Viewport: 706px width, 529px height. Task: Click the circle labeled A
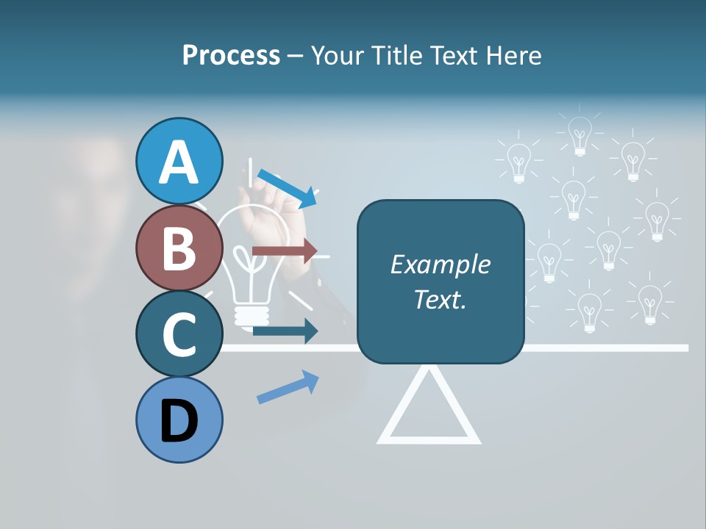(179, 161)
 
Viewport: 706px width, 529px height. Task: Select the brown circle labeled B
(179, 248)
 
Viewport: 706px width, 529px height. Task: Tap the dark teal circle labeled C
(179, 334)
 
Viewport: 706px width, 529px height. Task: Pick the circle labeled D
(179, 420)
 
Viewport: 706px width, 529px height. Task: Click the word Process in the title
(231, 56)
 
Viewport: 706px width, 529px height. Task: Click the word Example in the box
(440, 264)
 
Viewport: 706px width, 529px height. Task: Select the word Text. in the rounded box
(440, 300)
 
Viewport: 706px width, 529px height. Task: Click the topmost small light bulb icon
(580, 136)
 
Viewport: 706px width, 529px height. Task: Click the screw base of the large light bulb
(249, 314)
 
